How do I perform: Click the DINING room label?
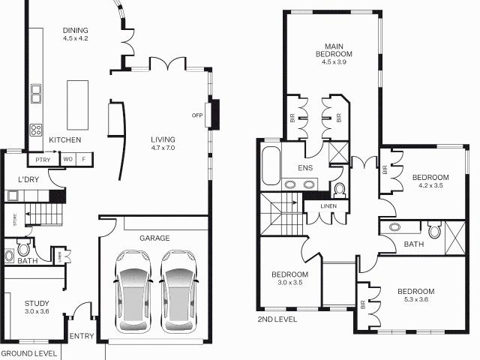pos(76,29)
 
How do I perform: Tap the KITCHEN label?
pos(64,140)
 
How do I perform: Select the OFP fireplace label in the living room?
pos(198,115)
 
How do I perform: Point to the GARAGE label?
pos(154,238)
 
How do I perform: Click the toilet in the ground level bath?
pos(23,248)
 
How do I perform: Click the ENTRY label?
pos(82,336)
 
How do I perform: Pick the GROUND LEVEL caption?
pos(28,352)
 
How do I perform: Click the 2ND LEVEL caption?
pos(277,319)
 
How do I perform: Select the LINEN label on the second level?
pos(328,205)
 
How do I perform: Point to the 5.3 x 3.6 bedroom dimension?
pos(415,300)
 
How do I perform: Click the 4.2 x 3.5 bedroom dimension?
pos(428,184)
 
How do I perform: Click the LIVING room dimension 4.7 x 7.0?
pos(162,148)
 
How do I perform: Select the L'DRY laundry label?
pos(29,179)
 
